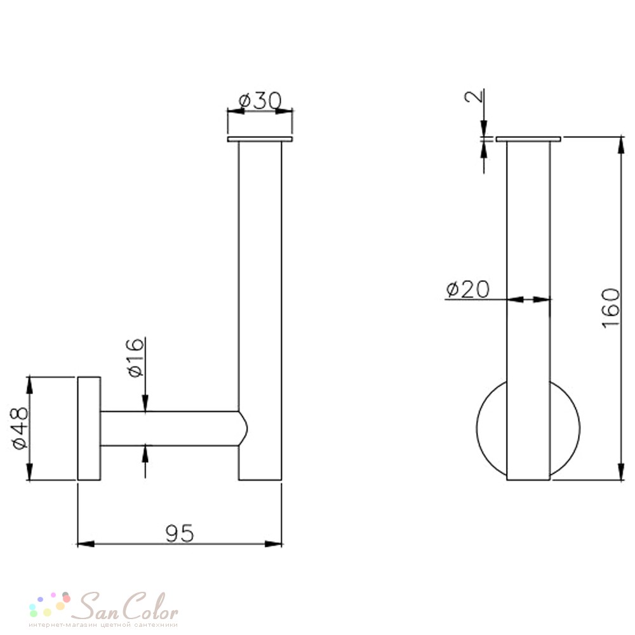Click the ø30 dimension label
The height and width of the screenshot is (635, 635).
260,101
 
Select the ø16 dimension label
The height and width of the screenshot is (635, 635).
137,358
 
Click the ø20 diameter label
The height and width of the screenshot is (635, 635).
468,289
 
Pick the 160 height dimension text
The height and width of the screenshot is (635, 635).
611,308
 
